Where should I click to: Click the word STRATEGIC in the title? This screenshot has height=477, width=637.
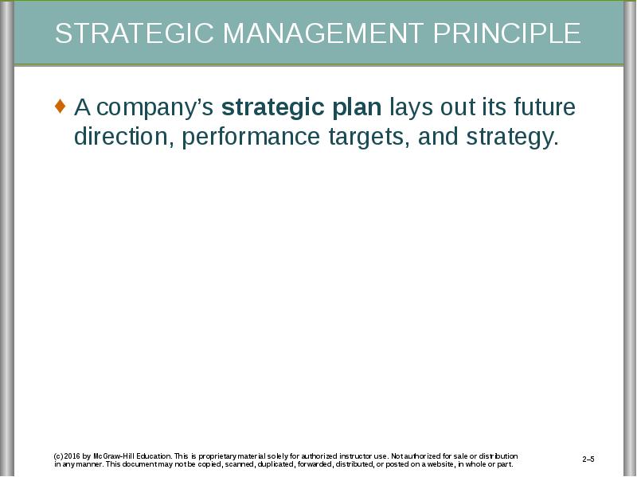coord(135,33)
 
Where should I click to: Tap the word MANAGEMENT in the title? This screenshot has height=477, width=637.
coord(323,33)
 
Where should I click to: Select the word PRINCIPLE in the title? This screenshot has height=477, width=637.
coord(507,33)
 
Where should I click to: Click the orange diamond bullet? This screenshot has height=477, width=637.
coord(60,106)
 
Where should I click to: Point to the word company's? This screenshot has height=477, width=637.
coord(155,109)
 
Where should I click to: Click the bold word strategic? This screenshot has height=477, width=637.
coord(272,109)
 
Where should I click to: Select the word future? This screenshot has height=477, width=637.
coord(545,107)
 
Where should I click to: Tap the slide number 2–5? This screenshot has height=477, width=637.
coord(588,460)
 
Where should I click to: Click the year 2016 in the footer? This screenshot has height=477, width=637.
coord(72,456)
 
